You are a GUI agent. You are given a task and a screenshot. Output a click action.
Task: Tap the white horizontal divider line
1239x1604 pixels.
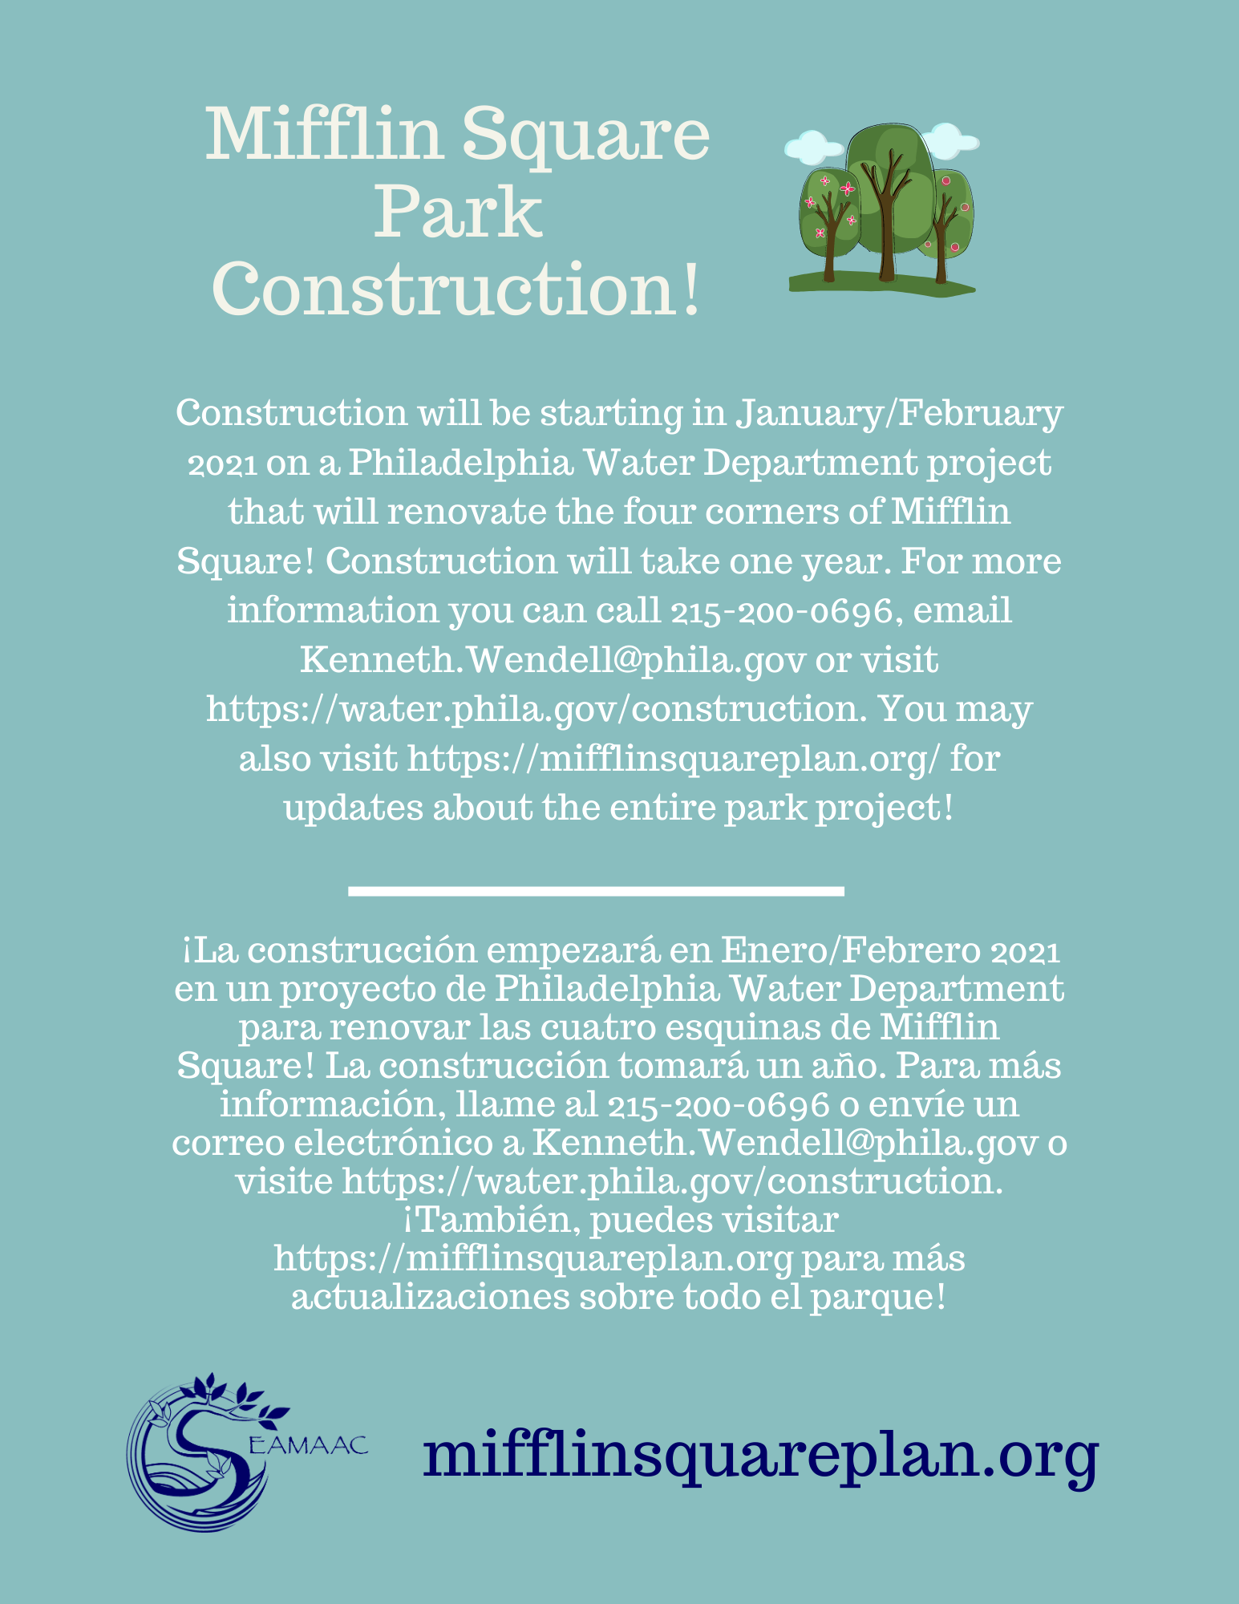[x=597, y=890]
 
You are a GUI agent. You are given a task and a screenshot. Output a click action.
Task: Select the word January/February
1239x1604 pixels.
[x=900, y=414]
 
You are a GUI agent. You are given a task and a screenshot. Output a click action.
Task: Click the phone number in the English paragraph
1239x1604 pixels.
[x=781, y=611]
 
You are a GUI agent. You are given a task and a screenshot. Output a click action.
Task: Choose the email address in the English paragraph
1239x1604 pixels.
[x=553, y=661]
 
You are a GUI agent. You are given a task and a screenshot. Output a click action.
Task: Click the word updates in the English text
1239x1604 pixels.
[x=353, y=808]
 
